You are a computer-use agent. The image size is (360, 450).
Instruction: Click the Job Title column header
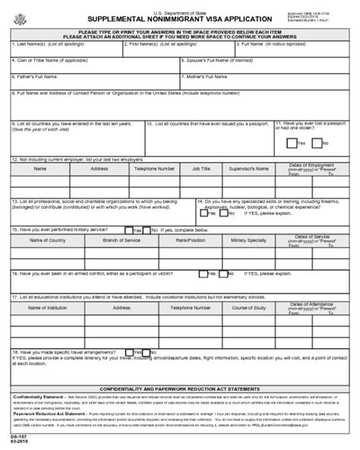pos(201,169)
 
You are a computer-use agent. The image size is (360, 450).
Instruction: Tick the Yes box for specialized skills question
pos(202,214)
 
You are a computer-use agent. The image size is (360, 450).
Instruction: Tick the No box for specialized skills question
pos(226,214)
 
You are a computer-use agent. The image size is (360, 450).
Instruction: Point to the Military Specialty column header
pos(252,239)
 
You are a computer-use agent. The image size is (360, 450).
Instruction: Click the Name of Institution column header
pos(46,308)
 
